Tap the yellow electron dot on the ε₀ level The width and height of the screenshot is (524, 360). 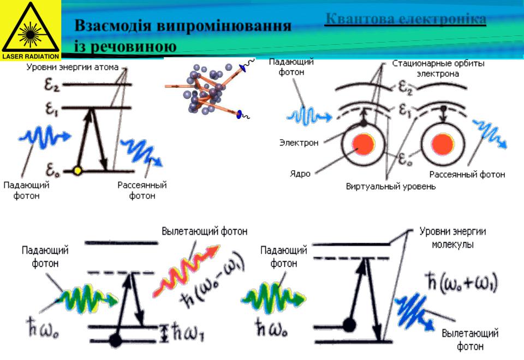(x=78, y=171)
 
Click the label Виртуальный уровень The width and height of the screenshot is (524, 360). (x=391, y=187)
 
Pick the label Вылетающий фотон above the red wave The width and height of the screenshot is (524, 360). (x=204, y=232)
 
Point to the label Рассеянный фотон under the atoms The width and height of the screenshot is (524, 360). (x=467, y=175)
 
